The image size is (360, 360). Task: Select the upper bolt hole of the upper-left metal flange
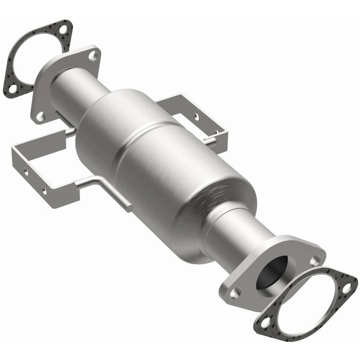[x=93, y=56]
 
